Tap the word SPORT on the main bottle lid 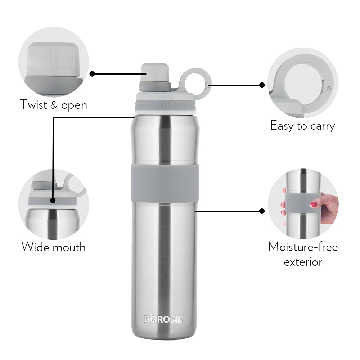(x=168, y=105)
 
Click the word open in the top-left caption (x=74, y=105)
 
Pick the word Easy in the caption (x=282, y=126)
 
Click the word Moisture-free (x=303, y=247)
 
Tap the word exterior (x=303, y=262)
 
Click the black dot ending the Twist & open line (x=92, y=73)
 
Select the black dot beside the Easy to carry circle (x=262, y=85)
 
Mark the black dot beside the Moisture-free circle (x=262, y=211)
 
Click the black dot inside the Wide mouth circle (x=53, y=200)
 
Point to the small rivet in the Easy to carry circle (x=329, y=87)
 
